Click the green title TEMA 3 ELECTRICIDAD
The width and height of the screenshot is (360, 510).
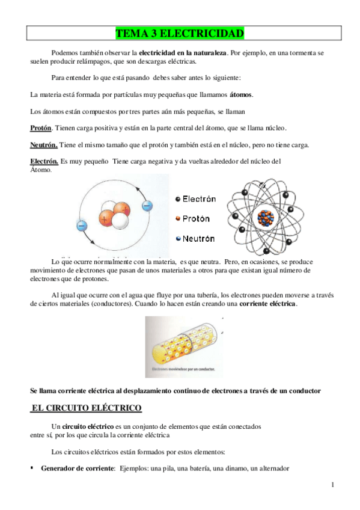coord(180,32)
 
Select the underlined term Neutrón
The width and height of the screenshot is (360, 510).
coord(44,145)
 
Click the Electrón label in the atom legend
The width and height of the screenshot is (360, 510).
coord(199,199)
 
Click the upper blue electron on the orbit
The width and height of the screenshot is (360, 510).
coord(147,205)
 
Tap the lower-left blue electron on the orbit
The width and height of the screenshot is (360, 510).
coord(82,226)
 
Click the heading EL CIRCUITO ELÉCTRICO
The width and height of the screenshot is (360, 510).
coord(86,408)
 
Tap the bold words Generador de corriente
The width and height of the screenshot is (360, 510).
coord(78,468)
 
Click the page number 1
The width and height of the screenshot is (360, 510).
coord(332,485)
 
